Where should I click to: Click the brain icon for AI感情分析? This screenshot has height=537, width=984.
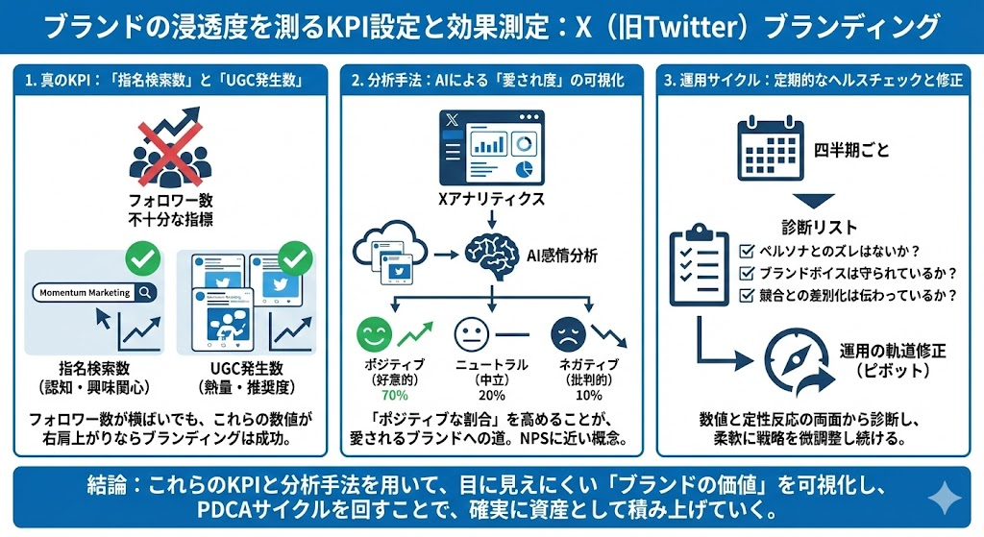490,255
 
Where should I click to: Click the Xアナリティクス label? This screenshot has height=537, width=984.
490,200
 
